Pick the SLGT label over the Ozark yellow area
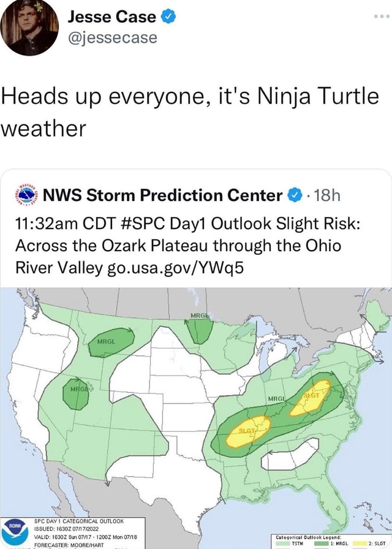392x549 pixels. (x=247, y=430)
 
